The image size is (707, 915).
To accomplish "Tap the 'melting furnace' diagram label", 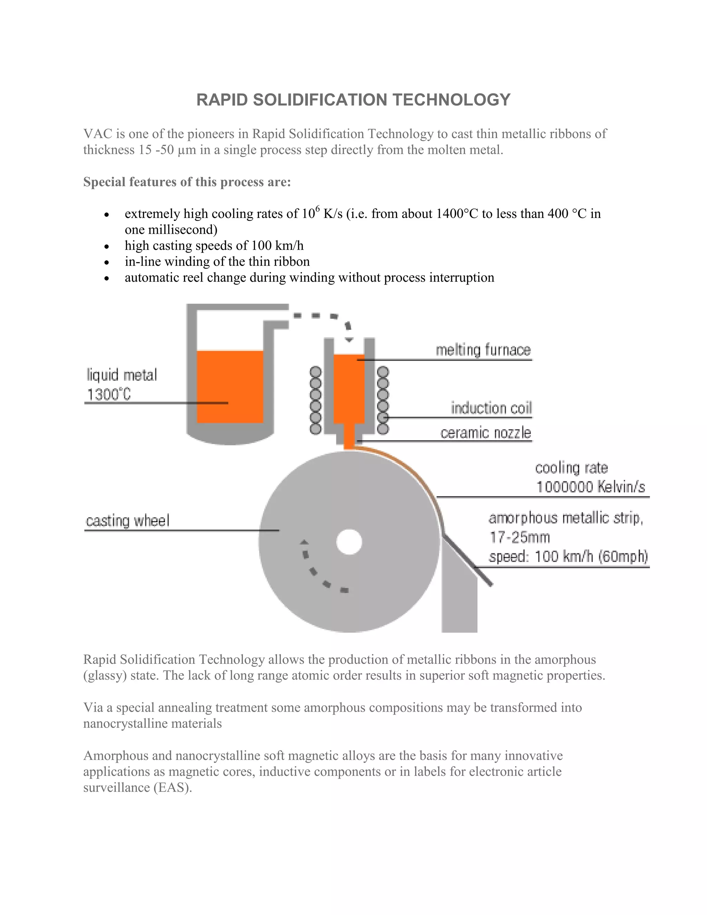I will [483, 350].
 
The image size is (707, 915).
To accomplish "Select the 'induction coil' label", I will [491, 408].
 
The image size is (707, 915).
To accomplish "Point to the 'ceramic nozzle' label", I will [485, 433].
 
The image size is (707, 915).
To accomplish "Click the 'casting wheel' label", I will [128, 521].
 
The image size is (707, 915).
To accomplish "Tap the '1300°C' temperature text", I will [109, 394].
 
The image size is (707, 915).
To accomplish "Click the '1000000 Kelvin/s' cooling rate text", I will [591, 487].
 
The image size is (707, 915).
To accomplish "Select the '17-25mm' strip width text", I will [519, 537].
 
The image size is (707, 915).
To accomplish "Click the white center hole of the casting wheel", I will [349, 542].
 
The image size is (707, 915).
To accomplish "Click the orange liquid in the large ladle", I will [230, 385].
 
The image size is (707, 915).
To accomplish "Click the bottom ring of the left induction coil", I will [316, 428].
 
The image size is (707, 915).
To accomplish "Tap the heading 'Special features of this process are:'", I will [187, 182].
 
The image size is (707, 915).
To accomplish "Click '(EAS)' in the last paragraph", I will [173, 787].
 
